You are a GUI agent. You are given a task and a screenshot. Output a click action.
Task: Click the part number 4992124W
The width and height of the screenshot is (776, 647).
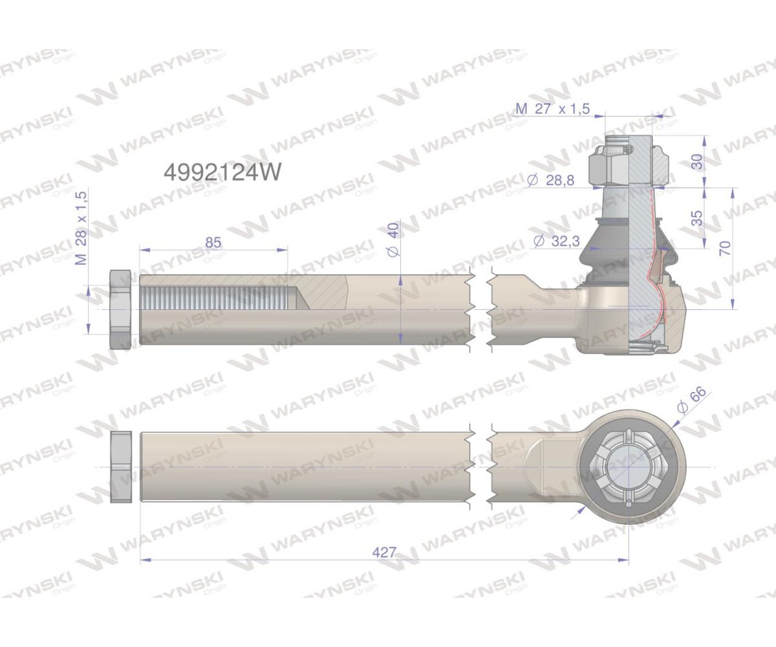coord(222,173)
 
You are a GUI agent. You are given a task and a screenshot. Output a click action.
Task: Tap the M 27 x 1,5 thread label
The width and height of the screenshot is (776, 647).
coord(553,109)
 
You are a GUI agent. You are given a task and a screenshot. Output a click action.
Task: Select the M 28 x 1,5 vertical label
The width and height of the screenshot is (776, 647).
coord(81,227)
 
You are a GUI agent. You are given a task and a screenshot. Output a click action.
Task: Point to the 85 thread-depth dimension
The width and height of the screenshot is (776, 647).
coord(213,242)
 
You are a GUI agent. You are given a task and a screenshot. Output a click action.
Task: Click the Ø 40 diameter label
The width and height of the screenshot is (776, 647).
coord(394,239)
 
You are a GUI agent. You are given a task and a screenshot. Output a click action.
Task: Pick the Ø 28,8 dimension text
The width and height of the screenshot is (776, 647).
coord(551,181)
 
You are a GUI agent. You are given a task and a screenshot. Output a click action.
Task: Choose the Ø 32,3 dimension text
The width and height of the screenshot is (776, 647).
coord(556,241)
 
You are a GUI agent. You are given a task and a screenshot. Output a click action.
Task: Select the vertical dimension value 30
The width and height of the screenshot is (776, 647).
coord(698,162)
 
